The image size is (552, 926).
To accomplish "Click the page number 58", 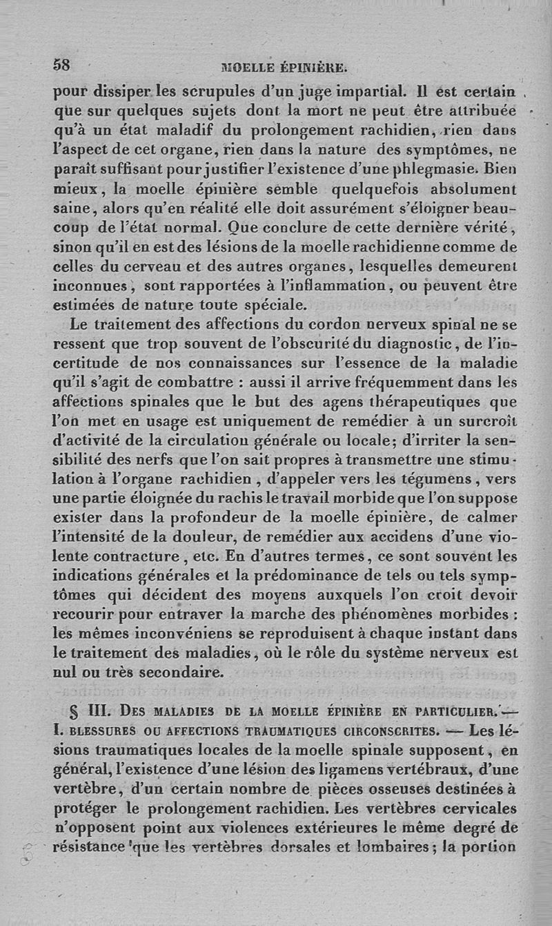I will [62, 65].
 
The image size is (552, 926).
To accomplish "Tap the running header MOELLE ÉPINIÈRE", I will [282, 68].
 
